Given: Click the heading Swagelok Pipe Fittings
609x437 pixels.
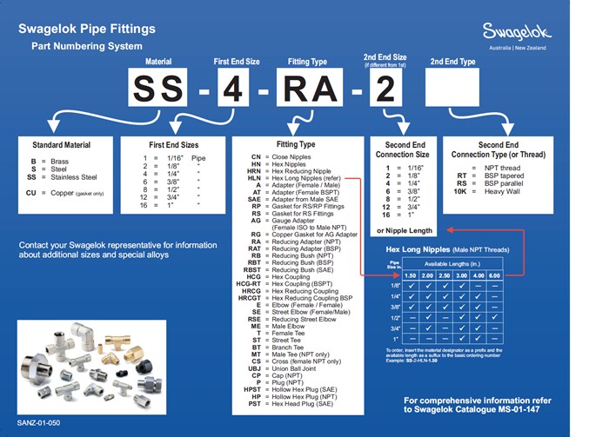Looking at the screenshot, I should [x=87, y=29].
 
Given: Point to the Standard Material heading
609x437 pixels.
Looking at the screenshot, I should [x=61, y=145].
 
